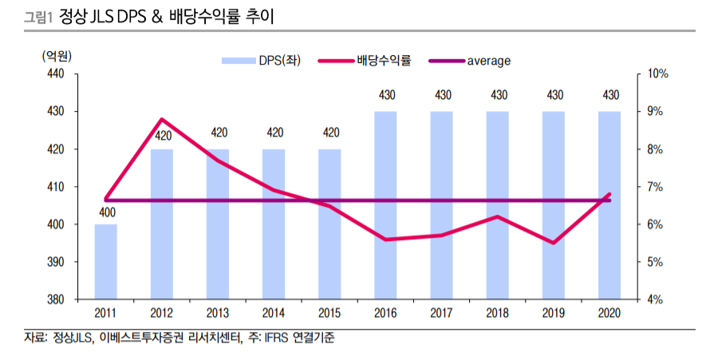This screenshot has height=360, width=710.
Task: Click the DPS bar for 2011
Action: (106, 262)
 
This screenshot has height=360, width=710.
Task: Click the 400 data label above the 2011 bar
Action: (106, 213)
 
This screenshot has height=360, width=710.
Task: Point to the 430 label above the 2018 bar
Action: (499, 96)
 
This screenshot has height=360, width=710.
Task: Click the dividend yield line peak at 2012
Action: (162, 119)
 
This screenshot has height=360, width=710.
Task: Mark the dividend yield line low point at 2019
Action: (554, 243)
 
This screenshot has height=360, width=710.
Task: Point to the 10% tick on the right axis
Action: (657, 73)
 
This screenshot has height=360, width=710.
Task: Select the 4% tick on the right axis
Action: (655, 299)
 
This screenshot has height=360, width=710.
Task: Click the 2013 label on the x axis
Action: (218, 314)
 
